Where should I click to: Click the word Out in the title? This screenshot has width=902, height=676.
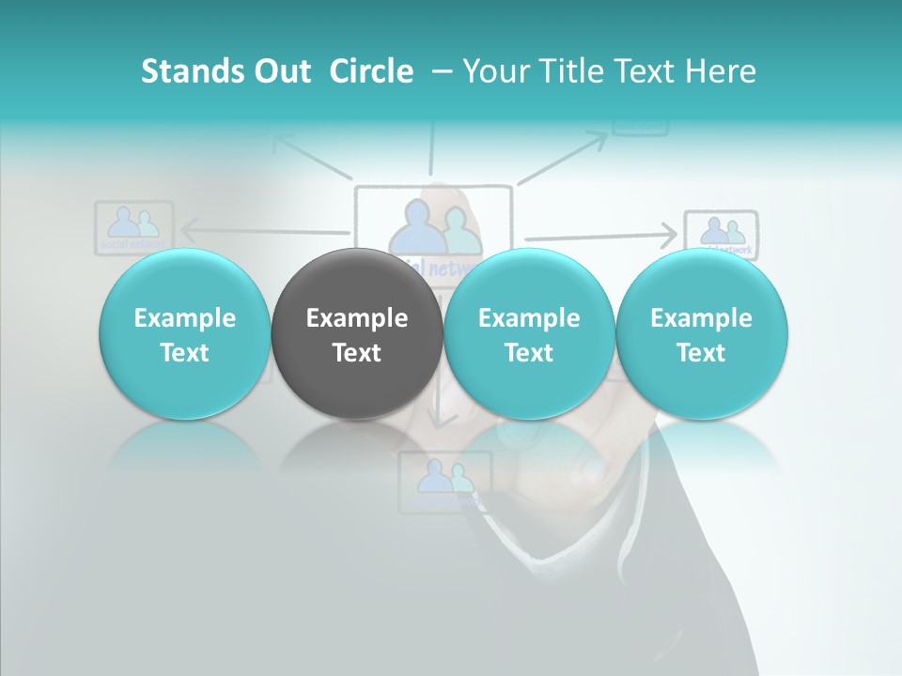(279, 71)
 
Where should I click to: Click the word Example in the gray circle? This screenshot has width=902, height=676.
(356, 318)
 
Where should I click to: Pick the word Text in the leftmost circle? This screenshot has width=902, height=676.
(184, 353)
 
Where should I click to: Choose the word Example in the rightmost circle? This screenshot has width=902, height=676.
(701, 318)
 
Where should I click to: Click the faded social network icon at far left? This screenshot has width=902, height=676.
(133, 225)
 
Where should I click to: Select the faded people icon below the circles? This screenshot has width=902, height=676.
(444, 481)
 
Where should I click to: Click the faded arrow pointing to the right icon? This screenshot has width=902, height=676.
(601, 235)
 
